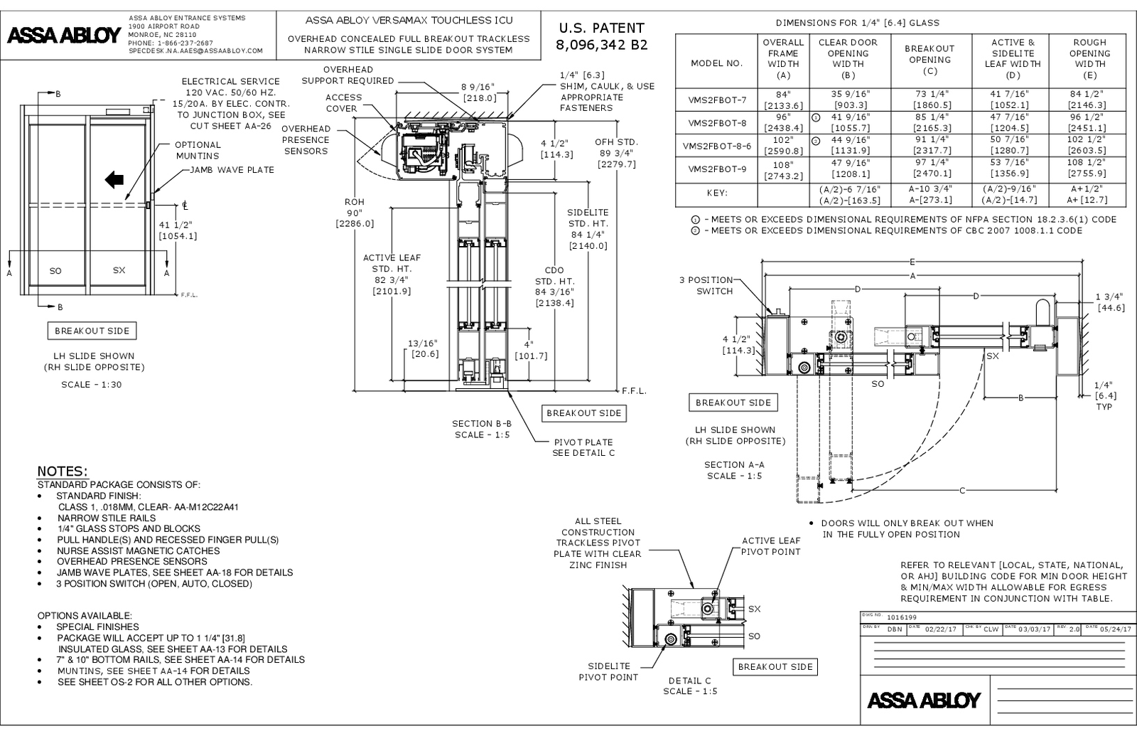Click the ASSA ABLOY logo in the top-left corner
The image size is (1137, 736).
coord(63,36)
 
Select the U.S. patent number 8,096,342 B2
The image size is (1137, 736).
coord(601,44)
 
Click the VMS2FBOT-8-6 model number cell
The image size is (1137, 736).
coord(716,145)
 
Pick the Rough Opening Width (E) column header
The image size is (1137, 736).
coord(1089,58)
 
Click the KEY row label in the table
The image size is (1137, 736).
coord(716,193)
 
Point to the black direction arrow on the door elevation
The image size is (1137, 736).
coord(114,180)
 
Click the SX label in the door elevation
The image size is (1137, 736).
coord(119,270)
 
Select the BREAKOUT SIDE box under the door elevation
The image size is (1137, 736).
coord(92,331)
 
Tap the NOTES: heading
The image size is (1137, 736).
coord(63,472)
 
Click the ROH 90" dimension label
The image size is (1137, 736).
coord(355,213)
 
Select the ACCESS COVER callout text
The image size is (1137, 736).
coord(344,103)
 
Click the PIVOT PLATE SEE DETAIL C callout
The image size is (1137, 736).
coord(583,447)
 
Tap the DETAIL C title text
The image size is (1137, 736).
coord(689,681)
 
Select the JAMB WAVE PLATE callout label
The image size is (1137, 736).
coord(232,170)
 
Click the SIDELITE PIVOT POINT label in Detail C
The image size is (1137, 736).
coord(608,671)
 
